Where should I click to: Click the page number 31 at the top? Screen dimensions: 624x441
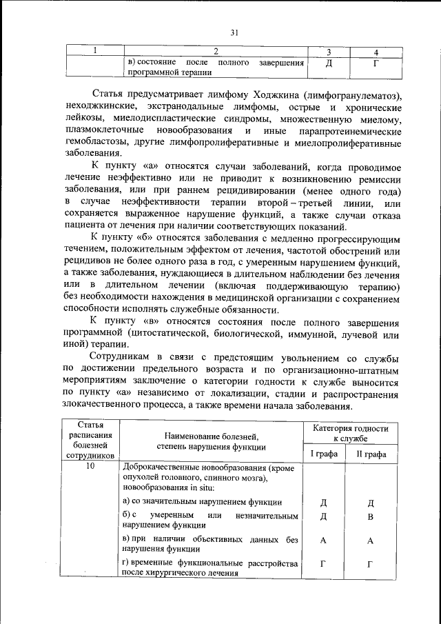coord(234,32)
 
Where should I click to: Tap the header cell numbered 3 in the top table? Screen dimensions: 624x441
coord(329,52)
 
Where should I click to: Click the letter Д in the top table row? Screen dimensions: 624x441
coord(329,64)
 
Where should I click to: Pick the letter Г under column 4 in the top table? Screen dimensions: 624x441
coord(376,64)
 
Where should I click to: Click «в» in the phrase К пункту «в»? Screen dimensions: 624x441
coord(152,322)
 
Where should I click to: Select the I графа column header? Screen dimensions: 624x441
coord(322,454)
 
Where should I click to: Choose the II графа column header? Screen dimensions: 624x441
coord(371,454)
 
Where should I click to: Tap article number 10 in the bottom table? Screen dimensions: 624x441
coord(91,467)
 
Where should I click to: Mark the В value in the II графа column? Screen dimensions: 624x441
coord(371,516)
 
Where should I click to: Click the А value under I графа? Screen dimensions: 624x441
coord(322,541)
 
